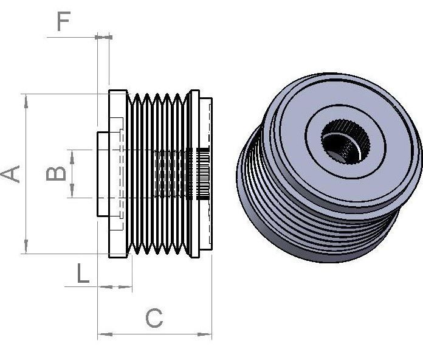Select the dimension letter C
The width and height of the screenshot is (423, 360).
coord(154,317)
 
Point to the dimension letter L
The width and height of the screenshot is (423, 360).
coord(83,274)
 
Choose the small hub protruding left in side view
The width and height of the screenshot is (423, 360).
coord(103,174)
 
